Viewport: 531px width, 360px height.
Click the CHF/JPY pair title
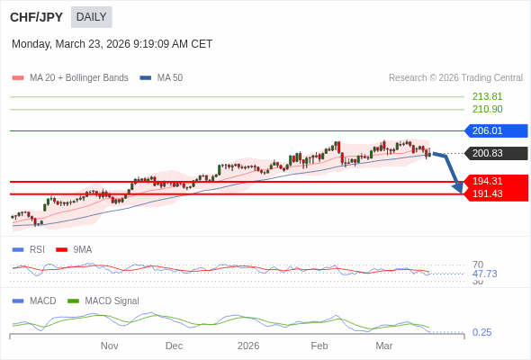[x=36, y=17]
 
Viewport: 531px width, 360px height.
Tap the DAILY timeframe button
[x=91, y=17]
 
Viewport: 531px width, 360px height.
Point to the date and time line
[x=112, y=43]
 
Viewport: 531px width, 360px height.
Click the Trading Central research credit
[x=455, y=78]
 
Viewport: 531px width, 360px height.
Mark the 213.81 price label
[x=487, y=96]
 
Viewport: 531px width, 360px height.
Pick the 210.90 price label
[x=487, y=109]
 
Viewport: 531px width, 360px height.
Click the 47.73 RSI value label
[x=484, y=274]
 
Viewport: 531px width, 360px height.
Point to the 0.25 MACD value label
[x=481, y=332]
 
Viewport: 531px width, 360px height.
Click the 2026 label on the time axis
[x=247, y=346]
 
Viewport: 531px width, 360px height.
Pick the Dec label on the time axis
[x=174, y=346]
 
